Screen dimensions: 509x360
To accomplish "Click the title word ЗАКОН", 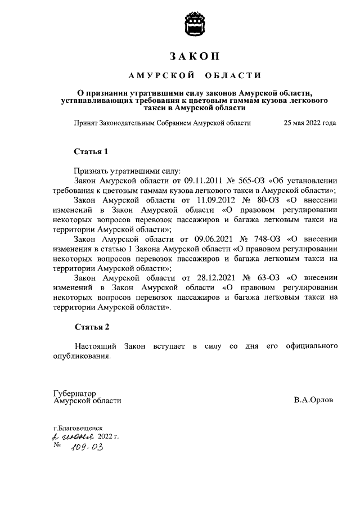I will tap(193, 56).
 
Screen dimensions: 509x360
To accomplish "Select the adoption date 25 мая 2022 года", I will tap(310, 123).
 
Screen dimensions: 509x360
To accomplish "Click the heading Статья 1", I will tap(91, 152).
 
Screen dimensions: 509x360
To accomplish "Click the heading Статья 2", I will tap(91, 327).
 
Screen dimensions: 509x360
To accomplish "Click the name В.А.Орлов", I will tap(313, 400).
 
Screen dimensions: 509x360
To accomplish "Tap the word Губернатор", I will tap(75, 393).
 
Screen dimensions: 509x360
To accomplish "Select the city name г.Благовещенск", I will tap(78, 428).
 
